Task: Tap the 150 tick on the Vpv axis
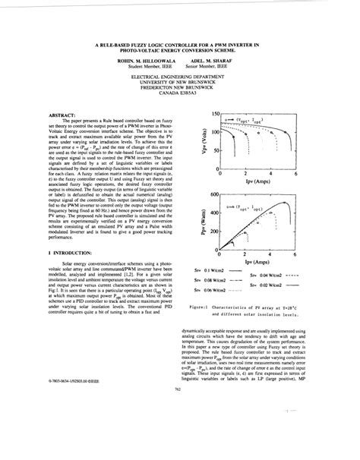pyautogui.click(x=215, y=112)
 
